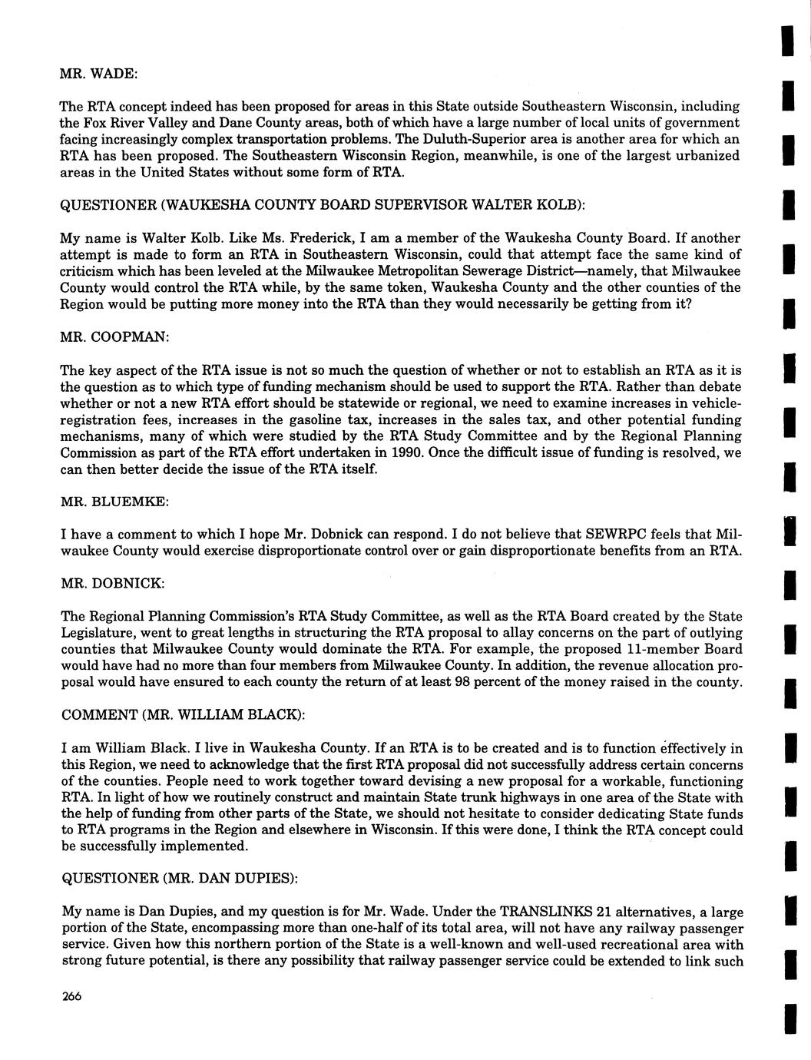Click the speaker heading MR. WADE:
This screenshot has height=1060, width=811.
click(98, 73)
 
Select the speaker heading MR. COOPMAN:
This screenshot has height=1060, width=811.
click(115, 337)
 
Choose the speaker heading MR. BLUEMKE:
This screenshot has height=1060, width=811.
click(114, 501)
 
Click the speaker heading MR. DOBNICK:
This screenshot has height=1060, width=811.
click(112, 583)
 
